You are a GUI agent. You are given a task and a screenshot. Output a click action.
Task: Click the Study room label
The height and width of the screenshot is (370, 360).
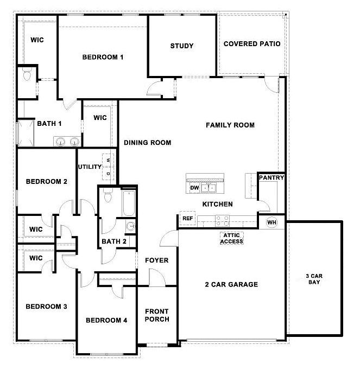tap(181, 46)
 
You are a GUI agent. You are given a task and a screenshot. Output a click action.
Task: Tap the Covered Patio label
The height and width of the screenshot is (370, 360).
tap(252, 44)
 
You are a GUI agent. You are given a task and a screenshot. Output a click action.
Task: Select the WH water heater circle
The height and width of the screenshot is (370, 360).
tap(272, 222)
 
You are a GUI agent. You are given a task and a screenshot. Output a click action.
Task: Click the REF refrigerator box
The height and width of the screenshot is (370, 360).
tap(188, 218)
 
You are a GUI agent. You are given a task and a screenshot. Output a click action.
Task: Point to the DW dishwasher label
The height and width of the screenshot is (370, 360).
tap(194, 188)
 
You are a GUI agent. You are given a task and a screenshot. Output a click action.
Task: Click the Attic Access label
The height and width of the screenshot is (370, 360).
tap(231, 239)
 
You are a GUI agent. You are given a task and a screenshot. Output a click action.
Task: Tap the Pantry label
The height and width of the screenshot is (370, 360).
tap(271, 177)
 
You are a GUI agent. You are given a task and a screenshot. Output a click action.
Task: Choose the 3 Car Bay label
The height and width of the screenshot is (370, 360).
tap(314, 279)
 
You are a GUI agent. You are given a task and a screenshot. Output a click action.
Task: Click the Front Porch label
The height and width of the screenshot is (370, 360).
tap(157, 315)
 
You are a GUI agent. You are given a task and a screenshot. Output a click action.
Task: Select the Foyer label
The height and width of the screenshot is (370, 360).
tap(156, 260)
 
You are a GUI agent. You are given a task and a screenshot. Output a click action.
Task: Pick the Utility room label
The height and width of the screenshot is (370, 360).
tap(90, 167)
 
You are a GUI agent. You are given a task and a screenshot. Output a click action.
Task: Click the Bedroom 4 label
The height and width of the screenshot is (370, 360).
tap(106, 321)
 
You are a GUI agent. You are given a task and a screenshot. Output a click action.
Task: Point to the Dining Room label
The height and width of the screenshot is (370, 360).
tap(147, 143)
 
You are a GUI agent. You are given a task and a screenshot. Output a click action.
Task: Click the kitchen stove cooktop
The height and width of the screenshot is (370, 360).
tap(222, 220)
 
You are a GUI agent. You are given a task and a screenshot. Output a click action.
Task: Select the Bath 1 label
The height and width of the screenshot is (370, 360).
tap(49, 123)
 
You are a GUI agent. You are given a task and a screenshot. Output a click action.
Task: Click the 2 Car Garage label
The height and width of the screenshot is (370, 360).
tap(231, 284)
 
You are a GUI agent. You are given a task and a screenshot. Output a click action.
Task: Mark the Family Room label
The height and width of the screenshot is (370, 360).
tap(230, 125)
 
